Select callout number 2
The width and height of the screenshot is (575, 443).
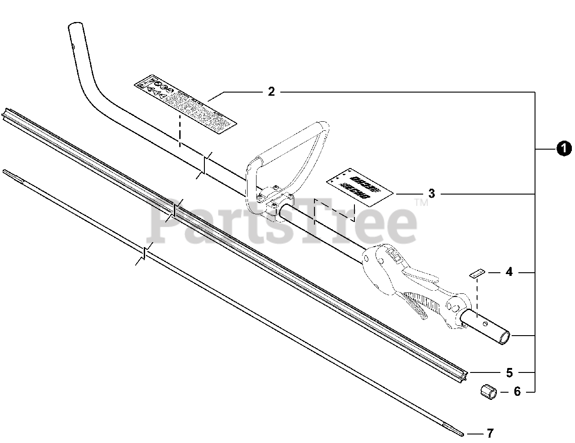pos(271,92)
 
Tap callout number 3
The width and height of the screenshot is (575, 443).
pos(431,194)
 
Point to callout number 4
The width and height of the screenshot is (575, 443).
pos(509,272)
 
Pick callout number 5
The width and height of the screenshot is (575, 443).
pos(509,372)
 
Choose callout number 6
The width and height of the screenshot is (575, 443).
pos(517,392)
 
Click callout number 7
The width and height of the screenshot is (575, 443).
pos(490,434)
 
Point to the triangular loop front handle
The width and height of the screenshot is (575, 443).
pos(287,153)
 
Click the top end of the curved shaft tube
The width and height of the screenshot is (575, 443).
pos(74,28)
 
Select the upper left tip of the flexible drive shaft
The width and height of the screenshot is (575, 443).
pos(5,172)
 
